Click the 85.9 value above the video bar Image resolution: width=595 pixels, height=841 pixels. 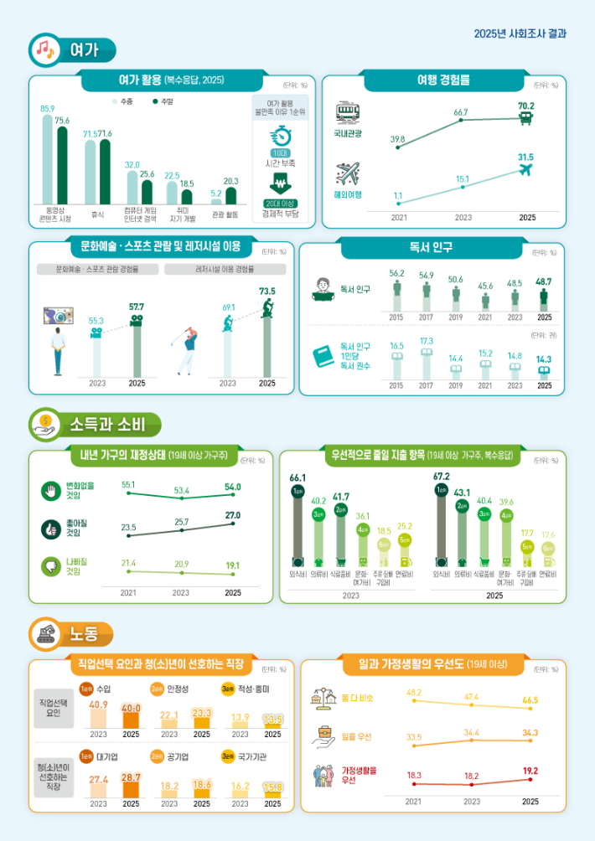[47, 109]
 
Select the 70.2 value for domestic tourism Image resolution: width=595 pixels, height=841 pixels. [526, 106]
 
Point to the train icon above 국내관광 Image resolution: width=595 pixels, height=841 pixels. [348, 113]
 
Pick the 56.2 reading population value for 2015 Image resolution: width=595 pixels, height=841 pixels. [397, 273]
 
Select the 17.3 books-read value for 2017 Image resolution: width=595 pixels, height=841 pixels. [427, 341]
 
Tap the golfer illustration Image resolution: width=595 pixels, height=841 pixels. [189, 351]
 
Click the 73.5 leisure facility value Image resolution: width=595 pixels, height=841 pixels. [267, 291]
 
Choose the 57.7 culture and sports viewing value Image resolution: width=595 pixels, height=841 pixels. [136, 307]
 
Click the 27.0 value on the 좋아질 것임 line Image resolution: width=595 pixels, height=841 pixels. [233, 515]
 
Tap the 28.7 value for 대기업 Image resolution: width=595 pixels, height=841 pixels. [131, 778]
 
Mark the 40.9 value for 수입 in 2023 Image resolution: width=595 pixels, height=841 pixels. [98, 704]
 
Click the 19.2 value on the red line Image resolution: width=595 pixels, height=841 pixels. [530, 770]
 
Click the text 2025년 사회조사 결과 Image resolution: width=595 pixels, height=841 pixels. [520, 34]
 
